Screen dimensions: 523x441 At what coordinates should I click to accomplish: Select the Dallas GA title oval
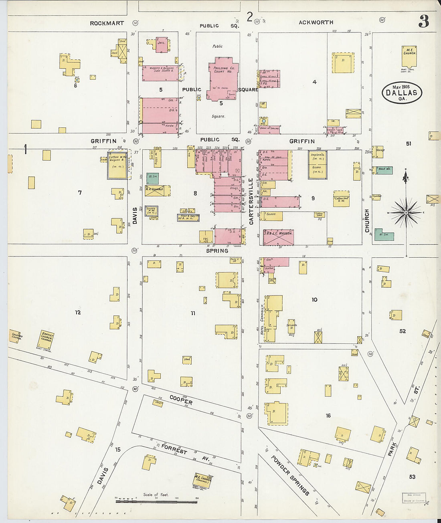402,93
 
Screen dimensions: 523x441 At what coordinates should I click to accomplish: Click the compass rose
406,212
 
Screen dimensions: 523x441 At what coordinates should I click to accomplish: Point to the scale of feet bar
156,501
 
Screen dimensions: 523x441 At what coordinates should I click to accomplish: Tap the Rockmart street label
107,23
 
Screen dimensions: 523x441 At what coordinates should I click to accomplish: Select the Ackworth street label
316,22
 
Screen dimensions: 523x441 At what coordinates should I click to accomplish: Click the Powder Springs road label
290,475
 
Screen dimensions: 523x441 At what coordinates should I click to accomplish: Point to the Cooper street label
181,400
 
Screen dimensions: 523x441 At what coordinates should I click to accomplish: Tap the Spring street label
217,251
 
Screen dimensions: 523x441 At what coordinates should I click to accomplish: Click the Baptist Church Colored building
45,339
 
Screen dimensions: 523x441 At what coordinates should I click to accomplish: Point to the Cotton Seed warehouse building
341,199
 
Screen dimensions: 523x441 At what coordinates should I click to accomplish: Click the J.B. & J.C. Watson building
278,237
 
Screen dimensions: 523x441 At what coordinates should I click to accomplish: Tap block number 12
78,312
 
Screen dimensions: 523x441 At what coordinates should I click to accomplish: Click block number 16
328,416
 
